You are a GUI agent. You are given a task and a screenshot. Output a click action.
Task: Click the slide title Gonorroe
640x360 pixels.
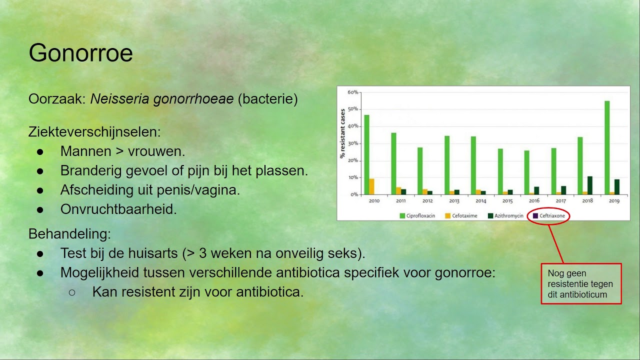pos(80,53)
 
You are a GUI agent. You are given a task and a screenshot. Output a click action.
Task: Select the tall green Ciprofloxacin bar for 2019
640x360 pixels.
pos(607,147)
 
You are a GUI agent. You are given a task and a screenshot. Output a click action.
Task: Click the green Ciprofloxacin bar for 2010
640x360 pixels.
pos(366,154)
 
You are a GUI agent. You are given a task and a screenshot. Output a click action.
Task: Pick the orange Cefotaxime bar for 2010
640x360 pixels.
pos(371,186)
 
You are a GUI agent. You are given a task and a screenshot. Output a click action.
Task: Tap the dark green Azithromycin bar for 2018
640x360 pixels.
pos(590,185)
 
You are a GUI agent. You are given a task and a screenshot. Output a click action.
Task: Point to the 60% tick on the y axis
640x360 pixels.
pos(352,92)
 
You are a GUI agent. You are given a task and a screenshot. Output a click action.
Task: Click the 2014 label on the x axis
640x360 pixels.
pos(480,201)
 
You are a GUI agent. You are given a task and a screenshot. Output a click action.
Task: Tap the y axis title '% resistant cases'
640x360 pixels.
pos(342,133)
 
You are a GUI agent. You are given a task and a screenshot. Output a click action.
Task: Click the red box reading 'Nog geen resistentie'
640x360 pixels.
pos(581,283)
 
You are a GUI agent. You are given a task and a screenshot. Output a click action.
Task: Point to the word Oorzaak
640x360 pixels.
pos(56,99)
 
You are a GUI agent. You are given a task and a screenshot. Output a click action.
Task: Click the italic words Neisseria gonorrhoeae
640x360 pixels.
pos(162,99)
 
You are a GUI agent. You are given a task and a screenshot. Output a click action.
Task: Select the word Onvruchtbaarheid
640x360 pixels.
pos(118,209)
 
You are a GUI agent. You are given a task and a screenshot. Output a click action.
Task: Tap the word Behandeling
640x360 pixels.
pos(69,233)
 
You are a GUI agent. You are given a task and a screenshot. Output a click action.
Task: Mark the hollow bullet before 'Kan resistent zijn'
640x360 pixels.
pos(71,292)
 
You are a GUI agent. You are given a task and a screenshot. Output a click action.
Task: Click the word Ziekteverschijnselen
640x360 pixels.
pos(94,132)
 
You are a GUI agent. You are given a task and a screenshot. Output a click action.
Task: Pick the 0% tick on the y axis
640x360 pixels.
pos(353,194)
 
